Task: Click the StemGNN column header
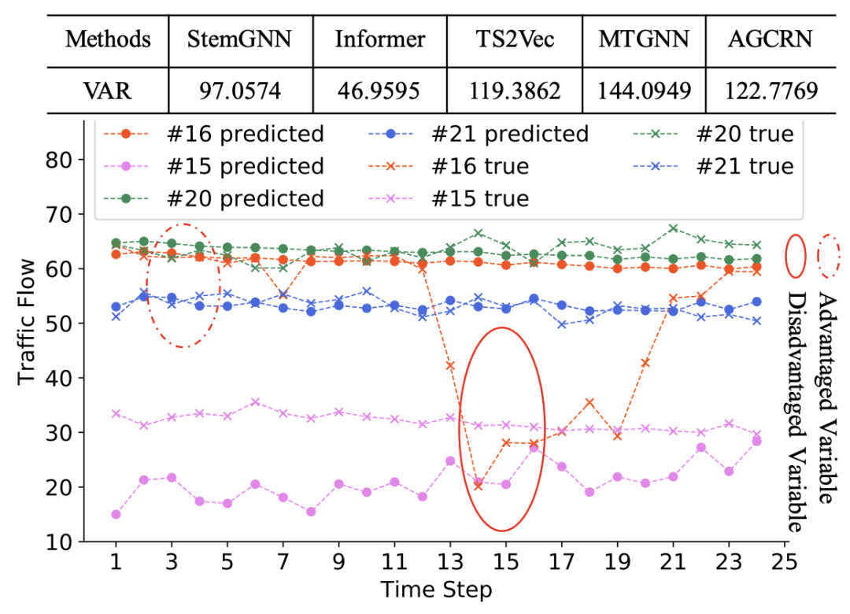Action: (x=240, y=39)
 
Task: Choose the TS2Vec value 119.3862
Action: (x=516, y=91)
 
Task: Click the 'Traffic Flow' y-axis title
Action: (x=28, y=323)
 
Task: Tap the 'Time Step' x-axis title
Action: (x=436, y=590)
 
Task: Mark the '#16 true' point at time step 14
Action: (x=478, y=486)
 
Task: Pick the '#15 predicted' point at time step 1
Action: (x=116, y=514)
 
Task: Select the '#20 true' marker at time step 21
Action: (x=673, y=228)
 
